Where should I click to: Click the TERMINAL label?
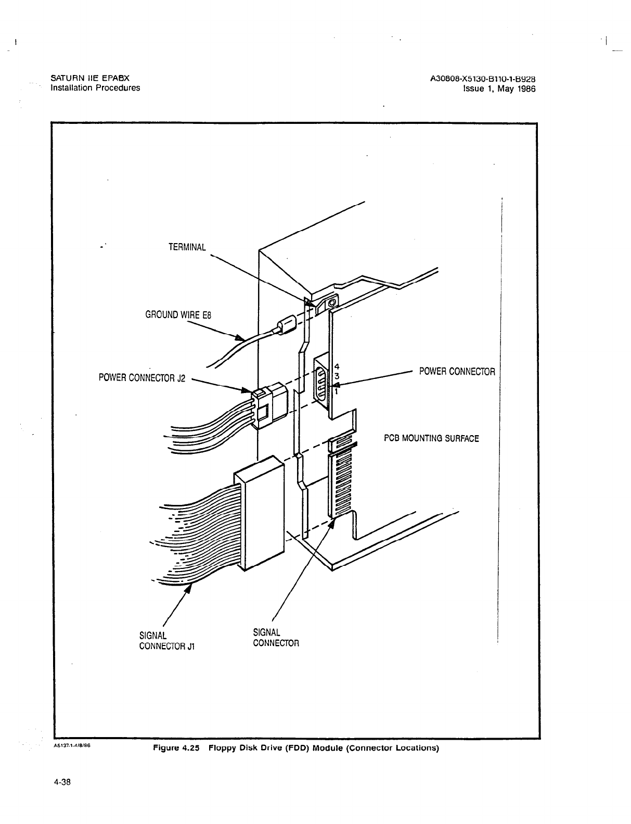pos(187,247)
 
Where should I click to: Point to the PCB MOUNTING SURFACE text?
pos(431,438)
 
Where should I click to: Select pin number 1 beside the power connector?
pos(336,392)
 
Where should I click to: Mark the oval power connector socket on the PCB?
pos(321,384)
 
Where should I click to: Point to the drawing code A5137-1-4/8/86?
pos(73,745)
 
